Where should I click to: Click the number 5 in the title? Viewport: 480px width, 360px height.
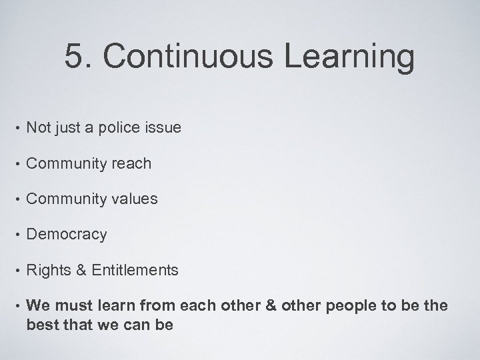pos(75,57)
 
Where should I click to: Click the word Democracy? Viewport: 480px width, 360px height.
pos(67,235)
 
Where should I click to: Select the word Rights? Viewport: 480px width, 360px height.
pos(47,270)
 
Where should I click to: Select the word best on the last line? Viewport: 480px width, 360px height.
pos(41,325)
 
